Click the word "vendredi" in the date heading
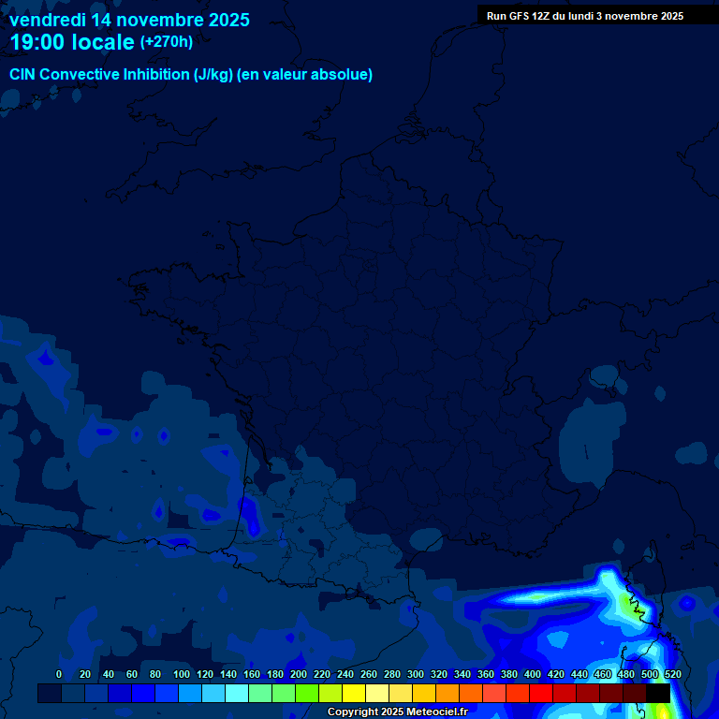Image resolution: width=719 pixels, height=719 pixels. click(x=48, y=20)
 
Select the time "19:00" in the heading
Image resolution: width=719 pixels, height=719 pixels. click(x=37, y=42)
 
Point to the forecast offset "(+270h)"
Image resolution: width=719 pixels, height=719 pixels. click(x=166, y=42)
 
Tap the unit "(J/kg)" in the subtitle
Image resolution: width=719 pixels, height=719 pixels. click(x=215, y=75)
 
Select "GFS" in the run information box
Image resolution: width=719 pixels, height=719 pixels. click(x=520, y=16)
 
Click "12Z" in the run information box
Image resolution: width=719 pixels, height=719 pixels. click(x=544, y=16)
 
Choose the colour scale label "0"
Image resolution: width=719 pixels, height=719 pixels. click(x=59, y=674)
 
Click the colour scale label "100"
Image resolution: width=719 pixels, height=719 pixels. click(x=182, y=674)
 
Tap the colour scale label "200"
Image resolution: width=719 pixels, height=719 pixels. click(x=299, y=674)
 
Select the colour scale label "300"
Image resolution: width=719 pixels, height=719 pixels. click(x=416, y=674)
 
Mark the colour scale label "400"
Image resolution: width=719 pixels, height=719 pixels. click(x=533, y=674)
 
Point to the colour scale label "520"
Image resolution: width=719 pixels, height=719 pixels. click(x=672, y=674)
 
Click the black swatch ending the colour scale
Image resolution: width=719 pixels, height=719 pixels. click(x=658, y=693)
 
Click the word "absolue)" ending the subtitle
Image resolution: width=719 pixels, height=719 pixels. click(x=345, y=75)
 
